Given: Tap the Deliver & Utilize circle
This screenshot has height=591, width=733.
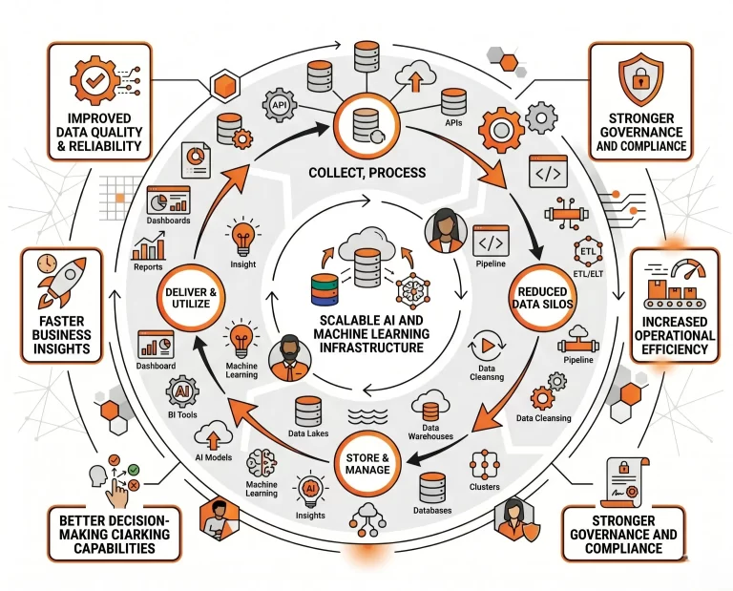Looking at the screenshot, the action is click(191, 298).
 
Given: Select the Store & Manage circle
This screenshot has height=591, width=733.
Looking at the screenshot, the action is click(367, 463).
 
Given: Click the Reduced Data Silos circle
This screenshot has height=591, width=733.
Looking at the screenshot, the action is click(542, 298).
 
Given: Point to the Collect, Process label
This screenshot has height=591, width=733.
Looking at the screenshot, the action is click(367, 173).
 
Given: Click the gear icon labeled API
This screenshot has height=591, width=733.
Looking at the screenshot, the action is click(279, 106).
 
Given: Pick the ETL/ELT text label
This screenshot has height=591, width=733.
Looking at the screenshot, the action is click(588, 274).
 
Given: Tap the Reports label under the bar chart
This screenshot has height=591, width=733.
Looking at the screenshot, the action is click(148, 267).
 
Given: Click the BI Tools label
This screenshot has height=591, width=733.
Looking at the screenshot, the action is click(182, 414).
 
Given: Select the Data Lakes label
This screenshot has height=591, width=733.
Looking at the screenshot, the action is click(308, 433).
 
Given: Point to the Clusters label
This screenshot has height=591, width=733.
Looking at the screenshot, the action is click(484, 487).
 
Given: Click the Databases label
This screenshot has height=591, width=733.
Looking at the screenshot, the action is click(432, 511).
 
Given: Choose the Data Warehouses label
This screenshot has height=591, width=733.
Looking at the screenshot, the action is click(430, 432).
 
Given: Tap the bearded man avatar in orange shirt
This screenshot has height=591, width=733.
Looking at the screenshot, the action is click(290, 358).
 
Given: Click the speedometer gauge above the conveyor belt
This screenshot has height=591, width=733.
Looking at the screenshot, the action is click(688, 269).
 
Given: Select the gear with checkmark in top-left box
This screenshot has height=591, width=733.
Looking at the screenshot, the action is click(94, 79).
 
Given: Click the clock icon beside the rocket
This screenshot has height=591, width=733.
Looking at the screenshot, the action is click(47, 264).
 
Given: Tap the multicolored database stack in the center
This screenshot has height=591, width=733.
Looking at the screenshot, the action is click(325, 290).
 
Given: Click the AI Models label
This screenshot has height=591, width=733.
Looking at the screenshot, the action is click(213, 457).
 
